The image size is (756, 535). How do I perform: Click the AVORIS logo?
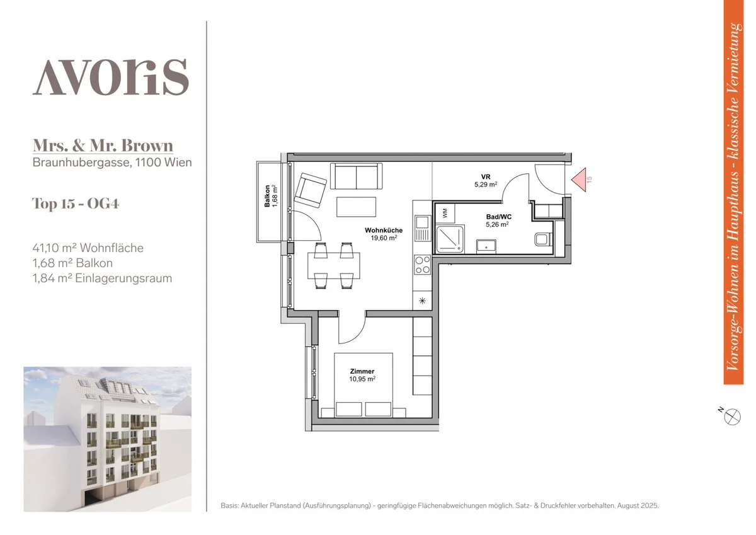pyautogui.click(x=110, y=77)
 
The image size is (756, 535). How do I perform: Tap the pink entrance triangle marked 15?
pyautogui.click(x=579, y=180)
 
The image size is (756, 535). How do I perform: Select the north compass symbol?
pyautogui.click(x=731, y=417)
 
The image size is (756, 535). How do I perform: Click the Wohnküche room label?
pyautogui.click(x=384, y=230)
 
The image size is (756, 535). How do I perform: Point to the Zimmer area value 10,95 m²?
pyautogui.click(x=362, y=379)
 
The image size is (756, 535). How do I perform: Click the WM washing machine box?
pyautogui.click(x=445, y=213)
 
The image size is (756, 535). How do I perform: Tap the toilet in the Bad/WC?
pyautogui.click(x=543, y=239)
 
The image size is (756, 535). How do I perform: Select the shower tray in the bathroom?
pyautogui.click(x=450, y=239)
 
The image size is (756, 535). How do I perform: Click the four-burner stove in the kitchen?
pyautogui.click(x=422, y=265)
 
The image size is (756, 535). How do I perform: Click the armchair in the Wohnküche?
pyautogui.click(x=310, y=190)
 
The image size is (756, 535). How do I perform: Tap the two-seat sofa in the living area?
pyautogui.click(x=356, y=176)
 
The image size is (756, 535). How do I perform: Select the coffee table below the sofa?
pyautogui.click(x=356, y=207)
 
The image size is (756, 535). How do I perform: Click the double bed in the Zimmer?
pyautogui.click(x=363, y=385)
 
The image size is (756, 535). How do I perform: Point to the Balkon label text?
pyautogui.click(x=267, y=196)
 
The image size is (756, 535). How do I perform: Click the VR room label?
pyautogui.click(x=486, y=177)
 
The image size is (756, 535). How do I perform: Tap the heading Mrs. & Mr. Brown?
pyautogui.click(x=103, y=146)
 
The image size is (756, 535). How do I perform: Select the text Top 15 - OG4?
pyautogui.click(x=76, y=204)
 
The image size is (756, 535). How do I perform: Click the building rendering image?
pyautogui.click(x=107, y=439)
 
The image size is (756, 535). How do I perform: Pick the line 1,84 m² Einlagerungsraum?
pyautogui.click(x=102, y=278)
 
